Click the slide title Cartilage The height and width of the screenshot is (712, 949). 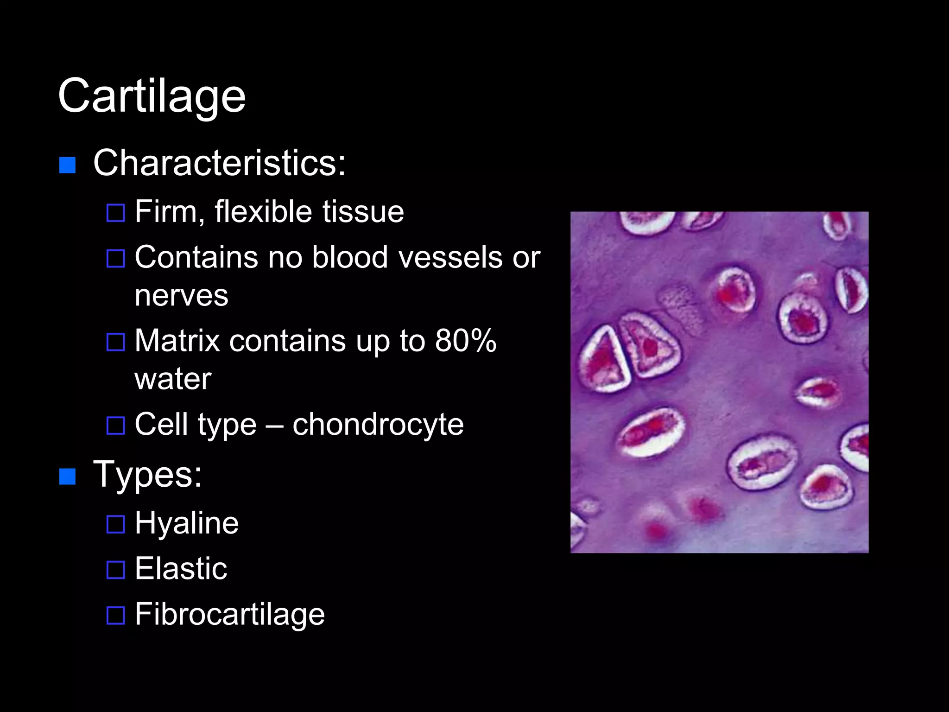pyautogui.click(x=152, y=96)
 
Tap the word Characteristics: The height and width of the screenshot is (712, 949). pyautogui.click(x=219, y=163)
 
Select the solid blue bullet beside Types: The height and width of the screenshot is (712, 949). pyautogui.click(x=68, y=477)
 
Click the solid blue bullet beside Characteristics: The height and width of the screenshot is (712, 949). pyautogui.click(x=68, y=165)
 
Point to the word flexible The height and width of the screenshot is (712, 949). pyautogui.click(x=263, y=212)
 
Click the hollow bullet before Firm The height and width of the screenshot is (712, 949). pyautogui.click(x=115, y=213)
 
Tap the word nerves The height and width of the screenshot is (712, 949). pyautogui.click(x=181, y=295)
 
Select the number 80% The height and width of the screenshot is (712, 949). pyautogui.click(x=465, y=341)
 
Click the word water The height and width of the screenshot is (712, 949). pyautogui.click(x=173, y=379)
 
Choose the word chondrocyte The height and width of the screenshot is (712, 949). pyautogui.click(x=378, y=424)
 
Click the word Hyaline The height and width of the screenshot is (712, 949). pyautogui.click(x=187, y=523)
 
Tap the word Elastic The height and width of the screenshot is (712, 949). pyautogui.click(x=181, y=569)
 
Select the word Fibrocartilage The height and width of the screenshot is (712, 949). pyautogui.click(x=230, y=615)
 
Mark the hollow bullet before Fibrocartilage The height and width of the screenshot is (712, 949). pyautogui.click(x=115, y=616)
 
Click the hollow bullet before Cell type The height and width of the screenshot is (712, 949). pyautogui.click(x=115, y=426)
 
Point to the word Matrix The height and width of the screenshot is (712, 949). pyautogui.click(x=177, y=341)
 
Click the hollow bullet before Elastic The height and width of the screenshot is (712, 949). pyautogui.click(x=115, y=570)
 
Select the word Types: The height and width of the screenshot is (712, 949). pyautogui.click(x=147, y=475)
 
